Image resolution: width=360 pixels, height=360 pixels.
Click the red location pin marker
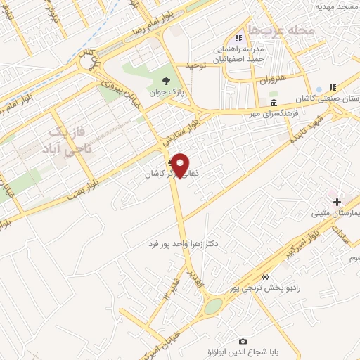(181, 165)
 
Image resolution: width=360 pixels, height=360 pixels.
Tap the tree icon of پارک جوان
(166, 80)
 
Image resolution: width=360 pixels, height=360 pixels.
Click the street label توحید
(195, 65)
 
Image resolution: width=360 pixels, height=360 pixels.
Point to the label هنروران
(273, 81)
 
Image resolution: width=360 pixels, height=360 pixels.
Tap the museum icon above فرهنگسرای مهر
(273, 103)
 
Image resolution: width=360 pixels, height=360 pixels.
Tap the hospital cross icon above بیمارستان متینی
(337, 202)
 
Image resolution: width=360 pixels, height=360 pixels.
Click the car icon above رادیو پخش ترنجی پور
(264, 276)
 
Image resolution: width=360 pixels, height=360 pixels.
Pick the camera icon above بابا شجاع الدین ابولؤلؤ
(243, 341)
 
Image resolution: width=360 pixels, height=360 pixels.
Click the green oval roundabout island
(213, 307)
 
